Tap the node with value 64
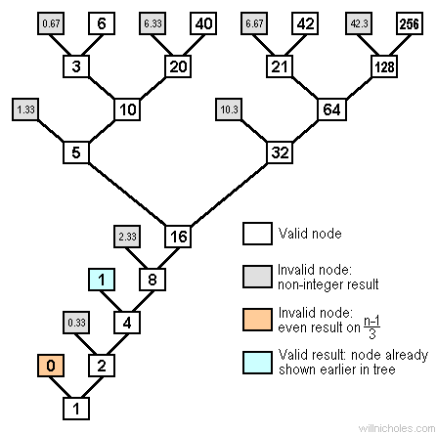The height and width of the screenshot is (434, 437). click(331, 109)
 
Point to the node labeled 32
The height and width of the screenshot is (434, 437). click(281, 152)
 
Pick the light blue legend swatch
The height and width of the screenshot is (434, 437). click(255, 364)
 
